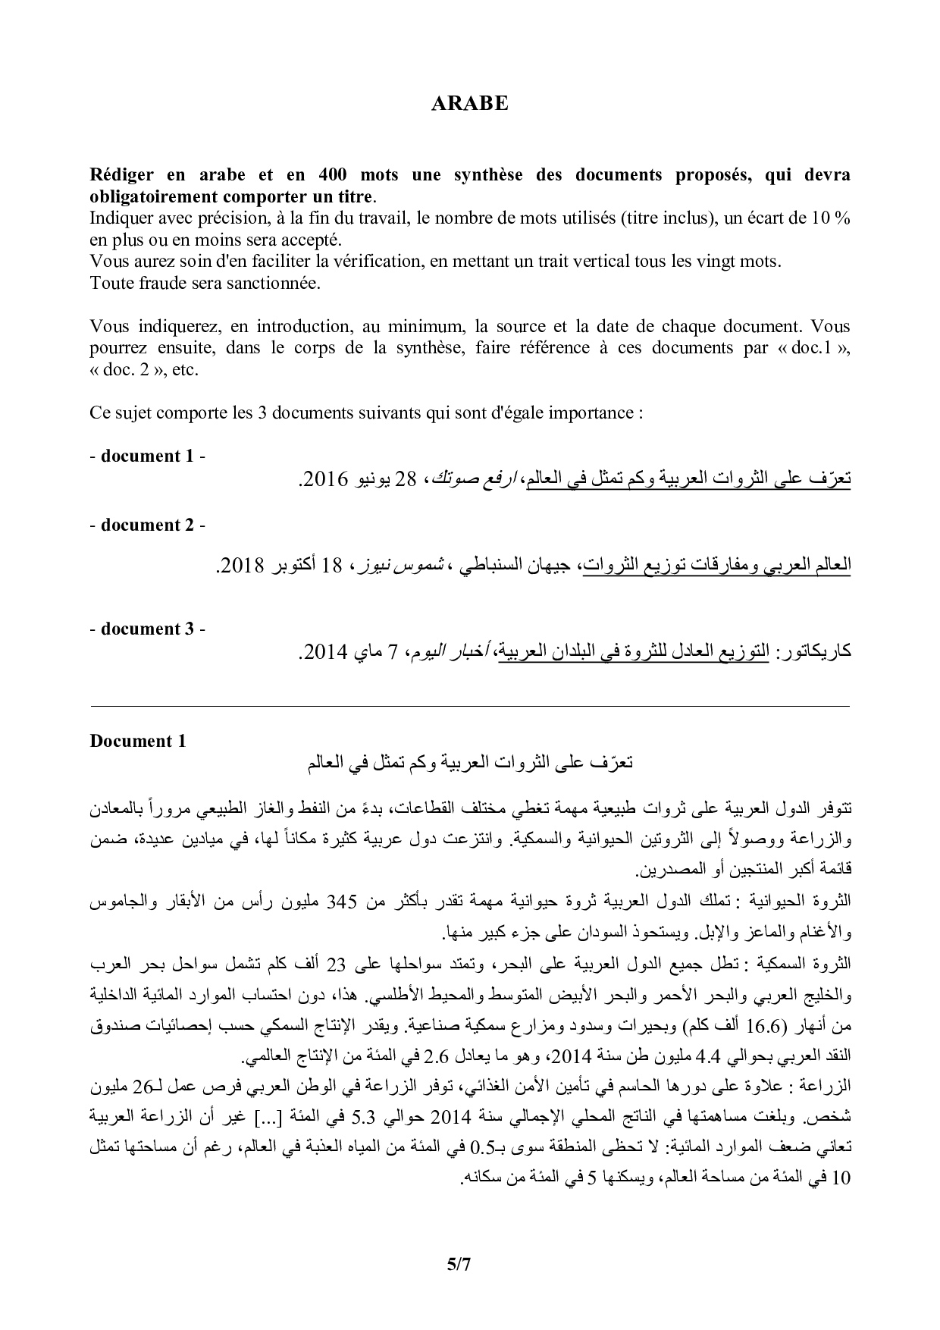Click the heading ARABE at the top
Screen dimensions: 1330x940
coord(469,104)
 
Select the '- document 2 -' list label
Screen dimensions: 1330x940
coord(147,525)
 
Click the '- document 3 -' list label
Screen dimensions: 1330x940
coord(147,629)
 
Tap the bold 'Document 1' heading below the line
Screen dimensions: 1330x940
coord(137,741)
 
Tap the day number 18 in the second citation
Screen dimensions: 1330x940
coord(331,566)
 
